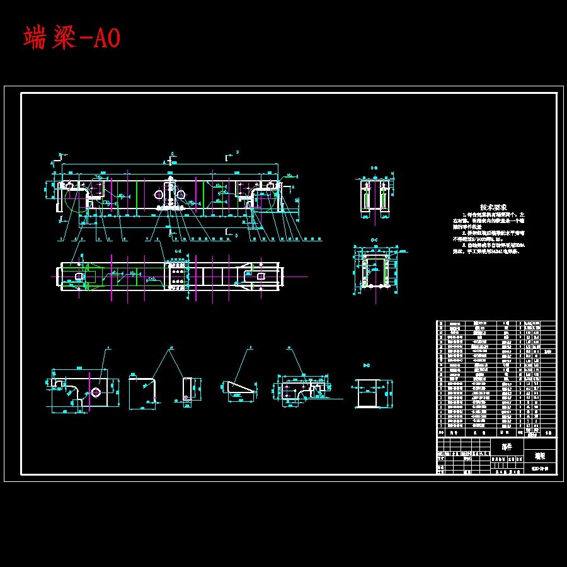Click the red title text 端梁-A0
(72, 38)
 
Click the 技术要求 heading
(493, 207)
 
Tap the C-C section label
(374, 241)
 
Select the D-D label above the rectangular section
(367, 365)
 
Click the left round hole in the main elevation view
(159, 195)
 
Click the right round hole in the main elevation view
(181, 195)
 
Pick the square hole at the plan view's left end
(77, 276)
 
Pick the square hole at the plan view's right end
(260, 275)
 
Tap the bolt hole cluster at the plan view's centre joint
(177, 276)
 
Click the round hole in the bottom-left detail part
(95, 392)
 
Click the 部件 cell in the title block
(507, 446)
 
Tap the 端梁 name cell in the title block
(540, 455)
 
